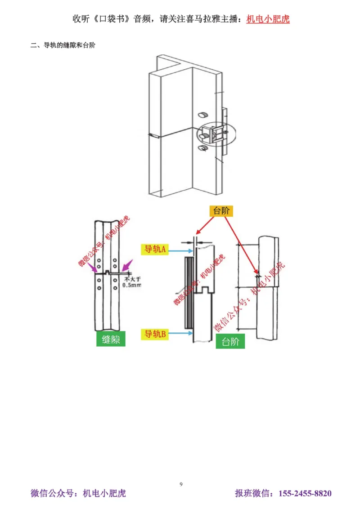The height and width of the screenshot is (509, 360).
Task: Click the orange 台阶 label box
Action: [x=221, y=211]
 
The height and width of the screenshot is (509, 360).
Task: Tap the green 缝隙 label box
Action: [x=111, y=339]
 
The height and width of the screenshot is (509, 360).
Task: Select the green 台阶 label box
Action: [x=230, y=341]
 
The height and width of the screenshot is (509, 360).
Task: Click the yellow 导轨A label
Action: [x=155, y=249]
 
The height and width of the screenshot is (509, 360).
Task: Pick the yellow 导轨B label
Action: [x=155, y=334]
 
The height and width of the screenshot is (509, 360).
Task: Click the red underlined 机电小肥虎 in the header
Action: [x=268, y=19]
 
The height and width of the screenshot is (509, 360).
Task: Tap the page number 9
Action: [x=181, y=484]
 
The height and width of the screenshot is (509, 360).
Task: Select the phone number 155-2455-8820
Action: [x=305, y=493]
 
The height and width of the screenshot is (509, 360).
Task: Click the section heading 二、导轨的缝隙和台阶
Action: [x=63, y=45]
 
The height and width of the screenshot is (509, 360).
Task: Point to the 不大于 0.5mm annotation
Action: [x=132, y=282]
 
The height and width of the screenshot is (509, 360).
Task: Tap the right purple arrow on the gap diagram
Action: [x=127, y=265]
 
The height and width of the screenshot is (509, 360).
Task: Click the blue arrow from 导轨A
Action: [x=181, y=250]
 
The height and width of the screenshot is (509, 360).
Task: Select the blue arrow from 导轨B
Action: [x=181, y=333]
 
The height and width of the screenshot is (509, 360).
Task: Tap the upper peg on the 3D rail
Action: [x=203, y=115]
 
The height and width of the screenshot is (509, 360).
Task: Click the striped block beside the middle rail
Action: [x=189, y=292]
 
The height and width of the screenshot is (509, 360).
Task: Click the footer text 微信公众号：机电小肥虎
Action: [x=78, y=493]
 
